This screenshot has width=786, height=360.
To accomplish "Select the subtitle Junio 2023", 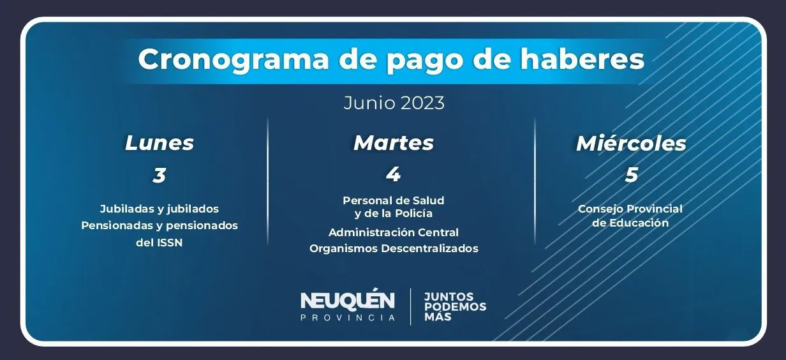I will (394, 103).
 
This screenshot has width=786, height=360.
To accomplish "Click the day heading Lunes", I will (159, 143).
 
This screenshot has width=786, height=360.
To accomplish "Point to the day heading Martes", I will (394, 143).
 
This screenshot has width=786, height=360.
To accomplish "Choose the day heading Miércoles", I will (631, 143).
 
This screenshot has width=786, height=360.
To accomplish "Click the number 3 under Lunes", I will (159, 175).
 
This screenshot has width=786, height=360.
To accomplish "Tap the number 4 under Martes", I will (393, 174).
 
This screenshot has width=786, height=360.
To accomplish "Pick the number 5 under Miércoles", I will (631, 175).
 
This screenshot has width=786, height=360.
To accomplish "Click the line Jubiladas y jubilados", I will (159, 209).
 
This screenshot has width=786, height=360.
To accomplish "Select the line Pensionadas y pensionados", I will (159, 225).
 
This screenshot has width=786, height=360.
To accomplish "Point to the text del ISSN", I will (159, 243).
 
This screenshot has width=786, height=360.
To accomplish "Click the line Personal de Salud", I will (394, 200).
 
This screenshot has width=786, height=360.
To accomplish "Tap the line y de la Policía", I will (394, 213).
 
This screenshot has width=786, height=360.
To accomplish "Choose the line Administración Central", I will (394, 232).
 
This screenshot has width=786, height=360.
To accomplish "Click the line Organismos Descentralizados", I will (394, 248).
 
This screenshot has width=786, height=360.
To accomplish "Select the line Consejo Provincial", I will (630, 209).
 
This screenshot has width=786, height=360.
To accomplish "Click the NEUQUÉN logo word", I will (348, 300).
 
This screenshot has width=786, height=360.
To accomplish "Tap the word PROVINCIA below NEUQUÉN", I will (348, 317).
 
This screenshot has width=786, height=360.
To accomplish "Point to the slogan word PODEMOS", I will (455, 306).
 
